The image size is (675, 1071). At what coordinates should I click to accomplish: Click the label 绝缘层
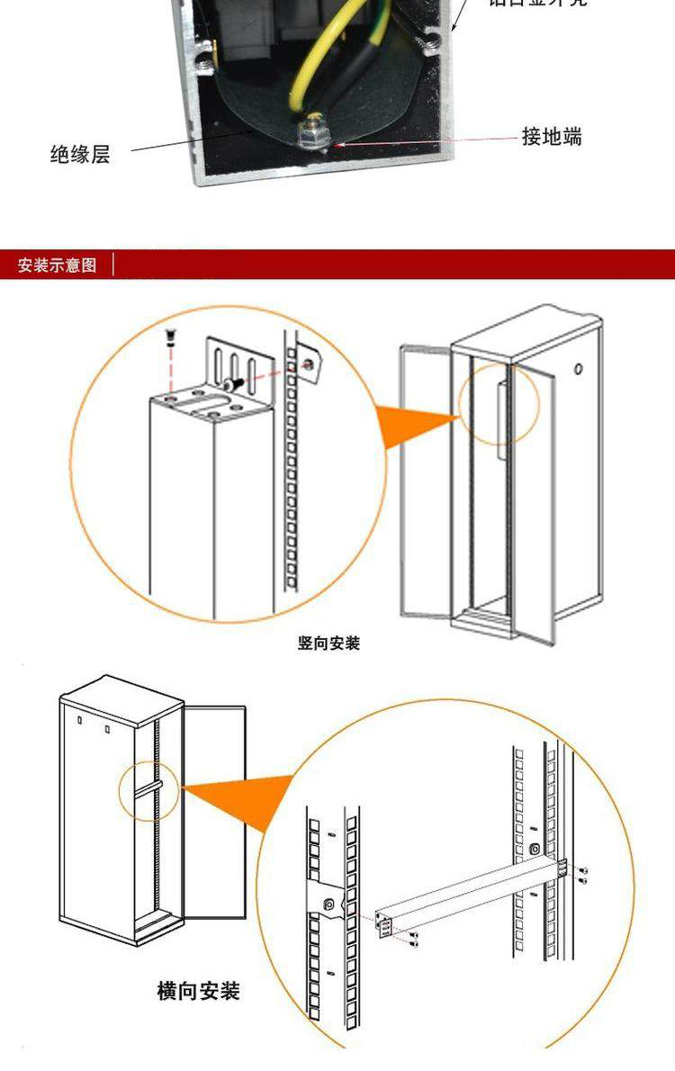[80, 154]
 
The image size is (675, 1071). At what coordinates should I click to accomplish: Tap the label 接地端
[552, 137]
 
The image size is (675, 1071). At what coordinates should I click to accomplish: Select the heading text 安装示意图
[57, 265]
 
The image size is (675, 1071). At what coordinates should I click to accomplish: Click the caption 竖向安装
[328, 643]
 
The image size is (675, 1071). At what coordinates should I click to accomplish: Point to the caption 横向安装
[198, 992]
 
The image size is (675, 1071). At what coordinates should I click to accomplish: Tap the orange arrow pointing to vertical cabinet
[416, 425]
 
